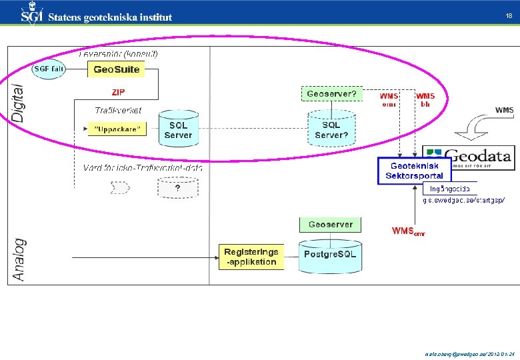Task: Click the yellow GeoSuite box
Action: (x=117, y=69)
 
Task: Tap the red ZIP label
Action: (x=117, y=92)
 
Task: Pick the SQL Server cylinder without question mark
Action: (x=178, y=130)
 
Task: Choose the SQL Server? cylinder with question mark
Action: (x=331, y=130)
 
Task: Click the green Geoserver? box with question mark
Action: (x=331, y=94)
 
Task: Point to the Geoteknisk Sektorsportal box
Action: (x=414, y=171)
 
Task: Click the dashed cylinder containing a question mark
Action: (x=177, y=189)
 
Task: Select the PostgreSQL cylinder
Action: (x=330, y=255)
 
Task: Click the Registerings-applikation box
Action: (x=251, y=257)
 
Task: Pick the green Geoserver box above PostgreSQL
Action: (x=331, y=225)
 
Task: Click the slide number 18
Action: (x=508, y=16)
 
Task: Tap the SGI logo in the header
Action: (x=32, y=15)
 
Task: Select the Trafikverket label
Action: (x=118, y=111)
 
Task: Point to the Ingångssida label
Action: (x=449, y=189)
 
